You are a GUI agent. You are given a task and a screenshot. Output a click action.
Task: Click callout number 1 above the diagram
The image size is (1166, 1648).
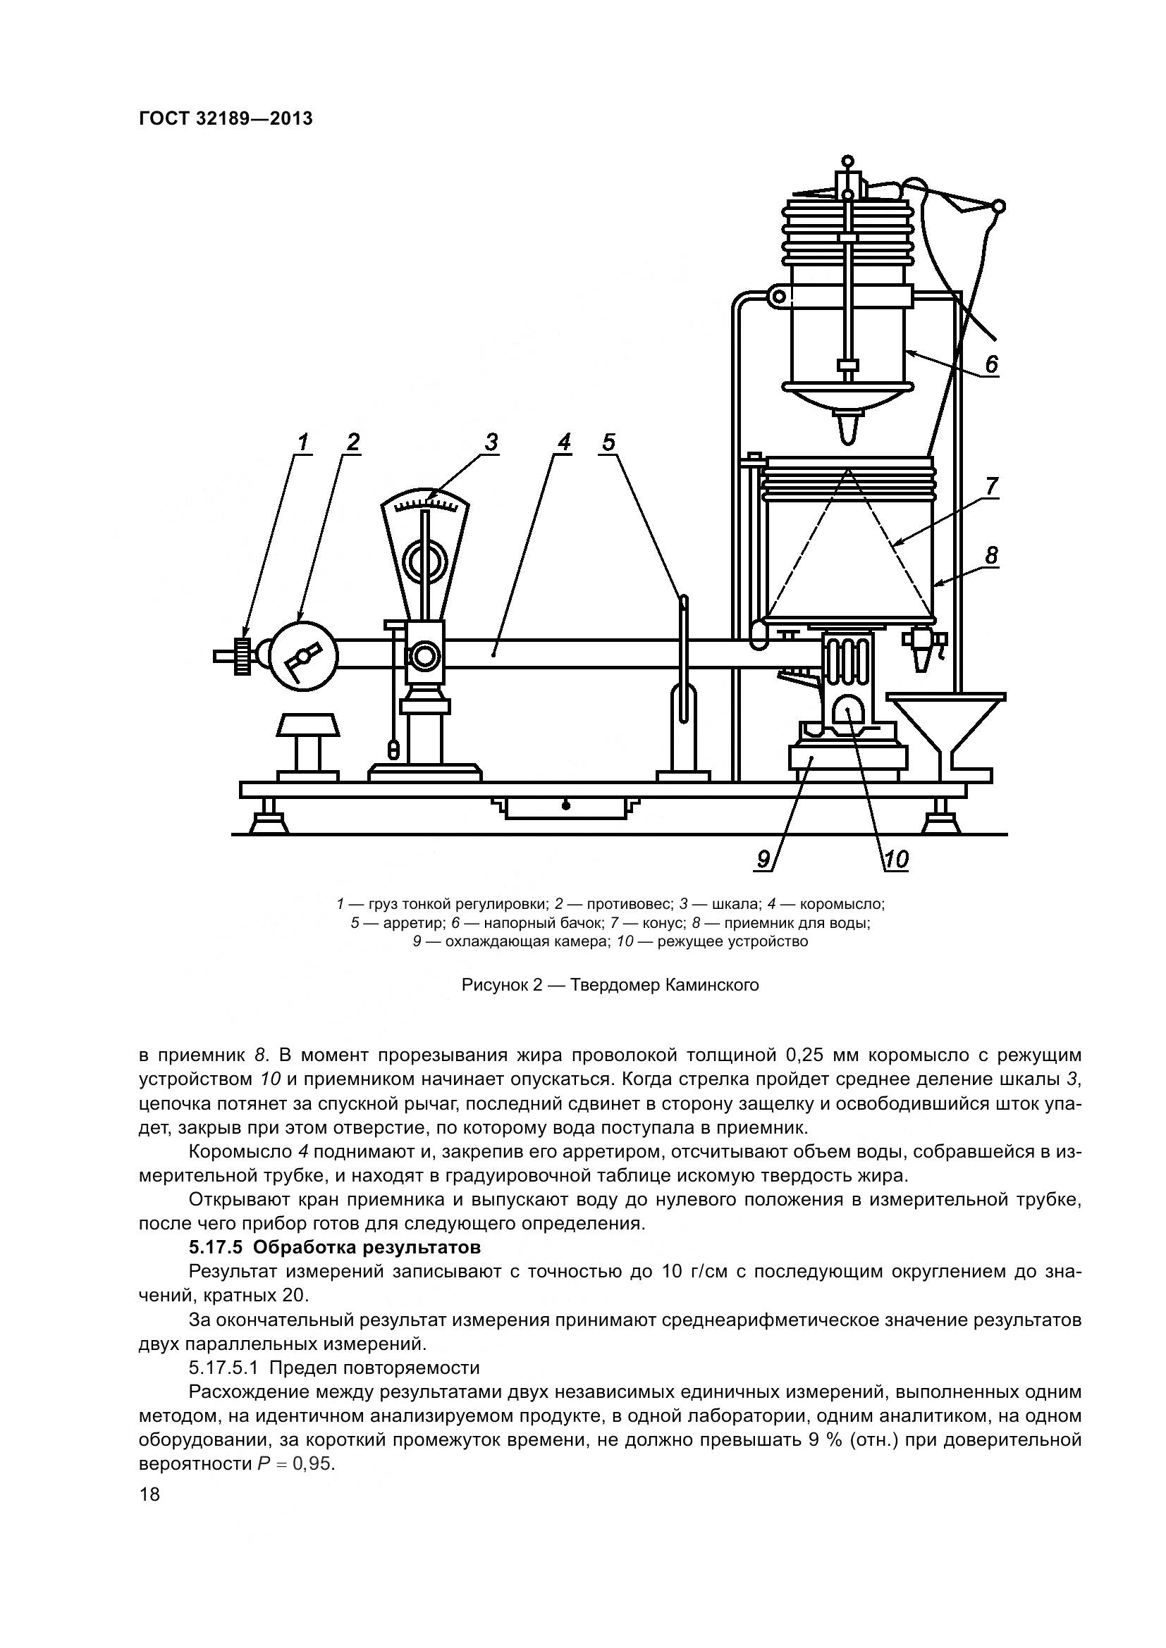[x=303, y=442]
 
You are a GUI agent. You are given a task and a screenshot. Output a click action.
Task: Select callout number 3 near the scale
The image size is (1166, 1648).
[x=491, y=442]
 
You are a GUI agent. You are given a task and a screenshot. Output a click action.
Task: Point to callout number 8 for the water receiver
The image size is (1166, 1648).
[x=992, y=555]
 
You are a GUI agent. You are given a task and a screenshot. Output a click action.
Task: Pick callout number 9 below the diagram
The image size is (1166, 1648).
[x=763, y=859]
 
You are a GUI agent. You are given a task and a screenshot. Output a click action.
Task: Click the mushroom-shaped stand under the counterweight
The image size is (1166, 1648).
[x=307, y=743]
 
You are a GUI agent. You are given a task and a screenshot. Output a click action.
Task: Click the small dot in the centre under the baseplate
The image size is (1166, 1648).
[x=566, y=806]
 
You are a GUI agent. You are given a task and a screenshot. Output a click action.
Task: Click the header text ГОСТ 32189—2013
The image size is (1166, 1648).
[x=226, y=119]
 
